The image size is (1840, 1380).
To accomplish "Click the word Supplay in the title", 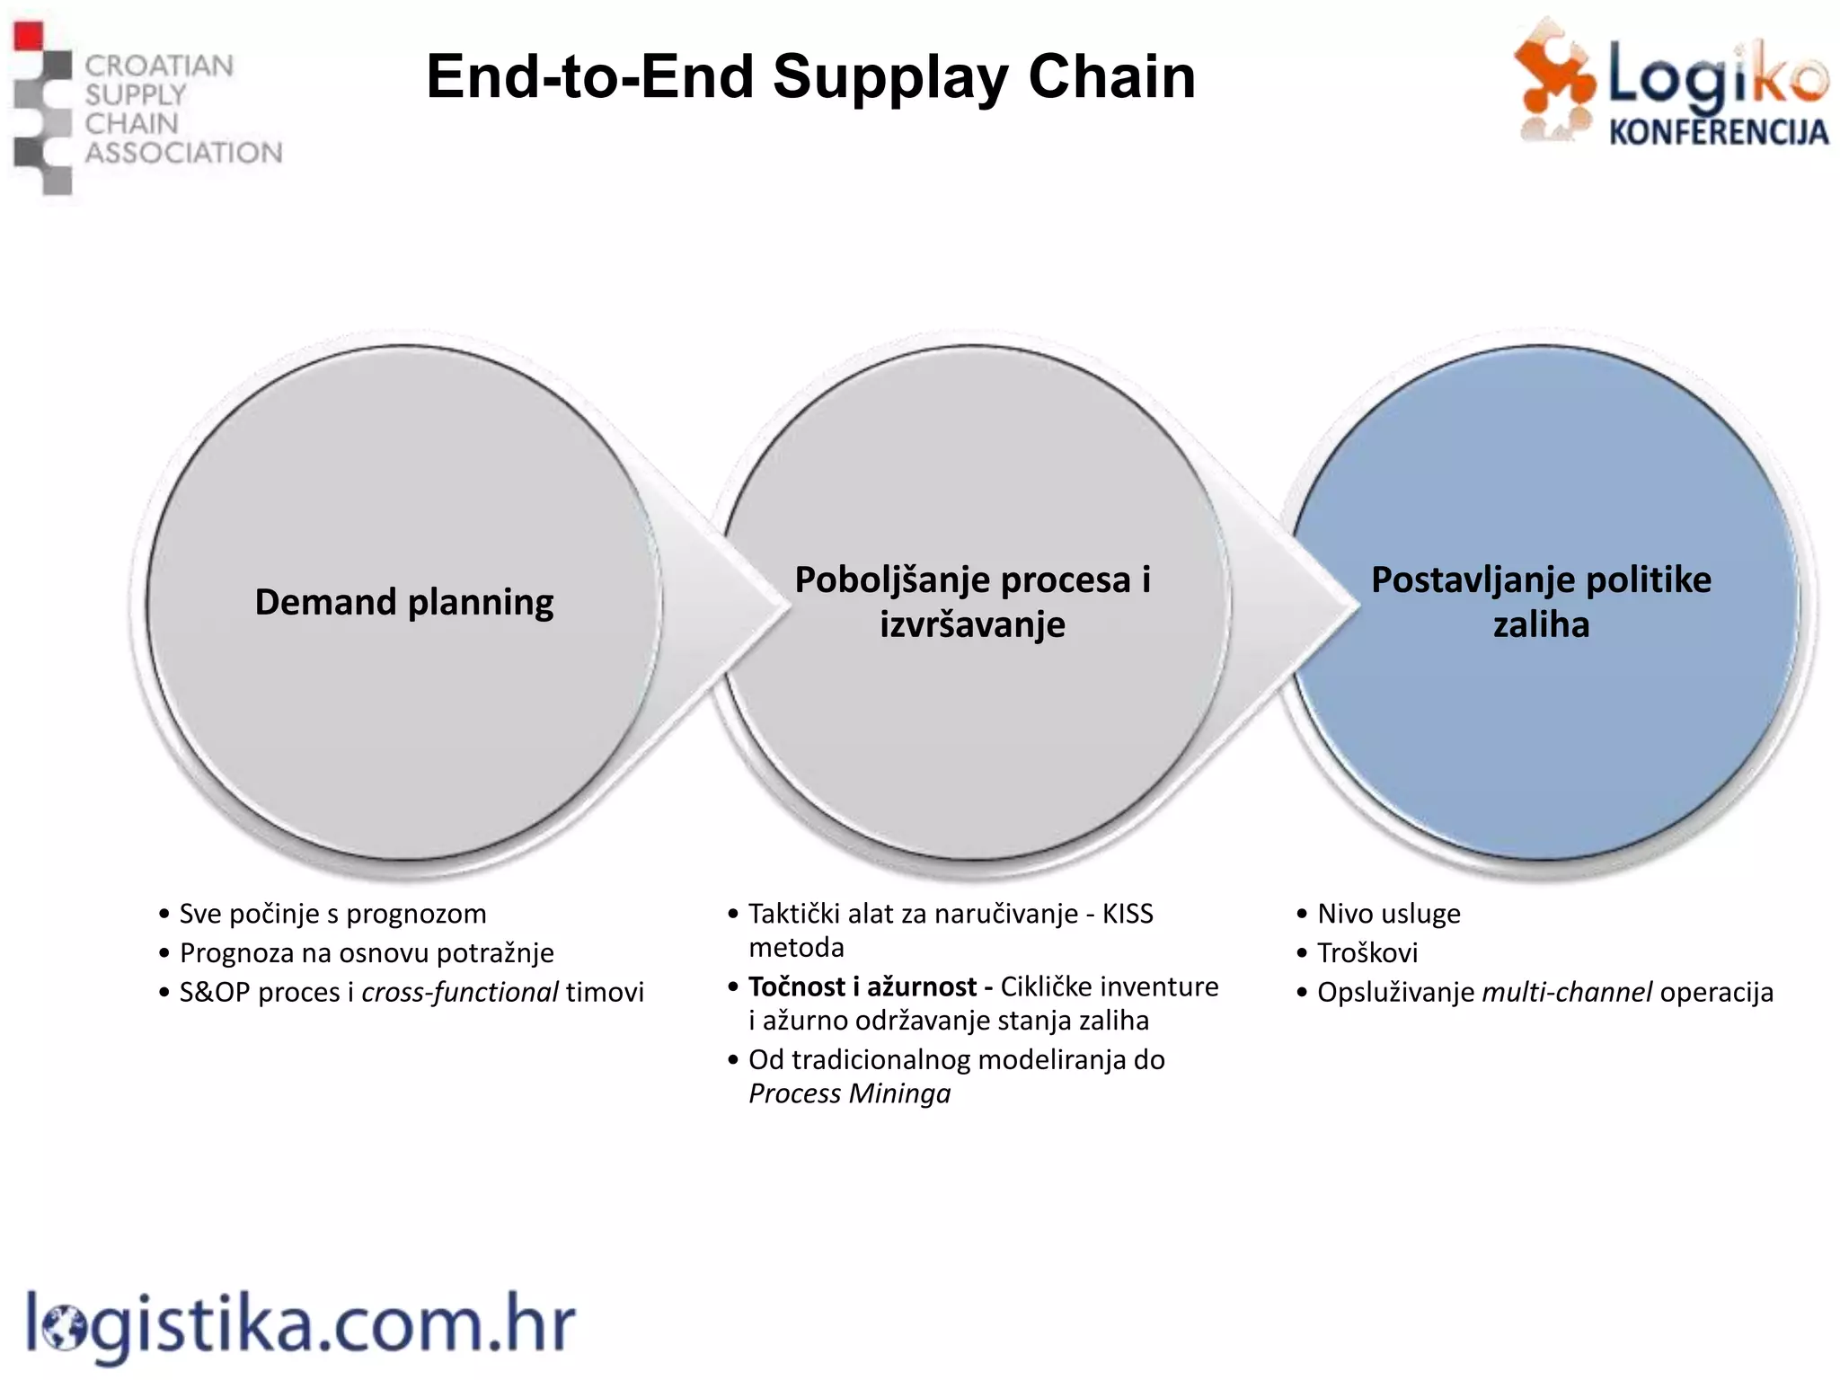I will tap(890, 77).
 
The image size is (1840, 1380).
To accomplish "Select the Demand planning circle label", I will tap(404, 602).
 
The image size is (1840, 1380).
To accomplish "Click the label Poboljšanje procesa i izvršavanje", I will tap(972, 601).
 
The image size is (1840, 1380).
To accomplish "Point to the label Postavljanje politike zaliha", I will tap(1541, 601).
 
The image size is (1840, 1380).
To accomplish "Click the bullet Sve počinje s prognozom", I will tap(332, 914).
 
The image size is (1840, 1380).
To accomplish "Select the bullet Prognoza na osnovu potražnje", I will tap(367, 952).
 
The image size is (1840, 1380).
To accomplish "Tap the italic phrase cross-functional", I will tap(460, 992).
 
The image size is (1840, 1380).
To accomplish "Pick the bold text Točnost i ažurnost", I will tap(862, 986).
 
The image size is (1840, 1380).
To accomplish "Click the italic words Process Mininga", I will tap(849, 1093).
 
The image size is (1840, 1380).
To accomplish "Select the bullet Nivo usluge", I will tap(1388, 914).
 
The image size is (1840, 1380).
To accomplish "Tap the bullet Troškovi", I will tap(1367, 952).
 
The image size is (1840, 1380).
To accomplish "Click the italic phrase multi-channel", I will tap(1566, 992).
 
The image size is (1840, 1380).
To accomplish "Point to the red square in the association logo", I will tap(29, 36).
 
